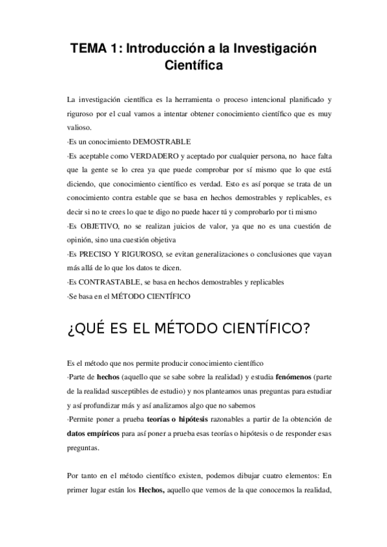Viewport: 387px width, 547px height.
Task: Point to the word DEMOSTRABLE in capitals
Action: [x=164, y=141]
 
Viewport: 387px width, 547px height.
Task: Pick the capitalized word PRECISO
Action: [x=96, y=254]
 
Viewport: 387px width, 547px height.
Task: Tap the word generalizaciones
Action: [x=212, y=254]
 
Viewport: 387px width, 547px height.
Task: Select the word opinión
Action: [x=81, y=240]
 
